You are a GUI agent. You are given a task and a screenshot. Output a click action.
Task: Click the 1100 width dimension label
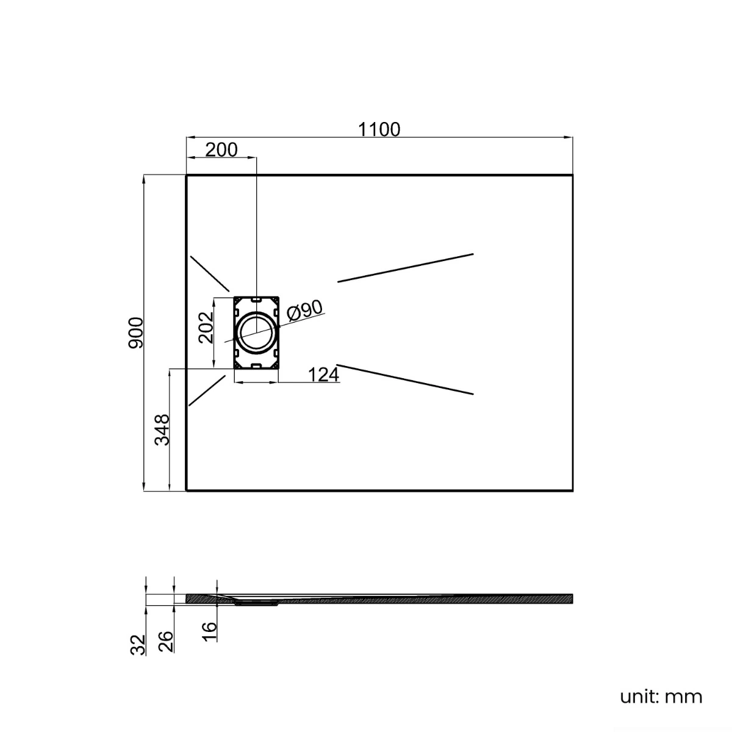pos(379,129)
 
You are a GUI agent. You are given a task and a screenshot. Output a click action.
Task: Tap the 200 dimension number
pos(221,150)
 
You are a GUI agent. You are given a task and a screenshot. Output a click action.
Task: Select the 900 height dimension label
pos(135,333)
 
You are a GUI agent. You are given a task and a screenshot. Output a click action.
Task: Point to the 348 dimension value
pos(162,429)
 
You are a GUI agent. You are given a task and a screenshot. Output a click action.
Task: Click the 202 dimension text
pos(206,328)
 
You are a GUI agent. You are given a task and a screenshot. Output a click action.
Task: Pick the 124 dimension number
pos(323,375)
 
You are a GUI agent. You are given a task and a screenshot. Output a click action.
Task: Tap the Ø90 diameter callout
pos(304,310)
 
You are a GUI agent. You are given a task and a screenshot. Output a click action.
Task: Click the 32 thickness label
pos(138,645)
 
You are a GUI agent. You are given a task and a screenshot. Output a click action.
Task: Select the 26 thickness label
pos(166,642)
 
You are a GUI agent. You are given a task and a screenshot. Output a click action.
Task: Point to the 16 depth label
pos(209,632)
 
